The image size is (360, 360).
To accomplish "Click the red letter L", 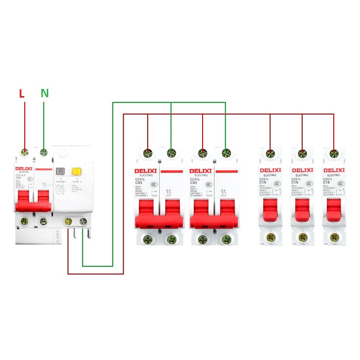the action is coord(22,93).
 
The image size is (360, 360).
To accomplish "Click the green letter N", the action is coord(44,93).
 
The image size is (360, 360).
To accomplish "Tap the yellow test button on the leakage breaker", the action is coord(76,171).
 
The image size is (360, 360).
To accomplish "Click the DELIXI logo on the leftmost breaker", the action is coord(23,169).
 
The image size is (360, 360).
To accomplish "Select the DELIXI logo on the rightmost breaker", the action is coord(333,170).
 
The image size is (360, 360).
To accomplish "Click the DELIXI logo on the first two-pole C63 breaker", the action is coord(146,171).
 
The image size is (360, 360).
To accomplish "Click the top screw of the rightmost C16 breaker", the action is coord(334,154).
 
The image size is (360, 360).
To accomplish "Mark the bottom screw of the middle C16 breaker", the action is coord(302,238).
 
